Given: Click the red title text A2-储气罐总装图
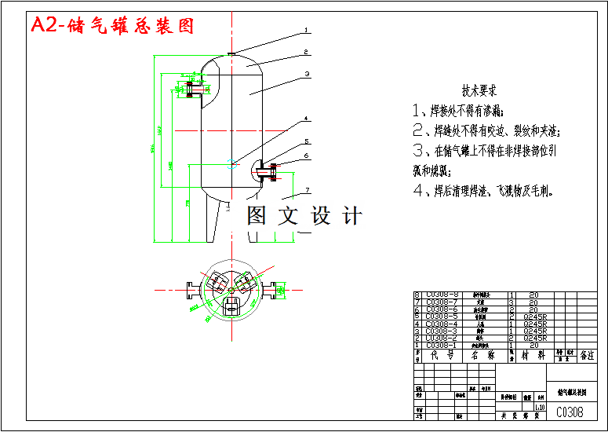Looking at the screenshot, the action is (x=112, y=26).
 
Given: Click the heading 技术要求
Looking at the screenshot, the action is (x=479, y=90).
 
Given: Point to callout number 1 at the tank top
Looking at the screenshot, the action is (x=307, y=32).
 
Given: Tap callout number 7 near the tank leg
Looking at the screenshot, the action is (x=308, y=190).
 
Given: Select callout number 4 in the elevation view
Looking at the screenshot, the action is (x=307, y=120).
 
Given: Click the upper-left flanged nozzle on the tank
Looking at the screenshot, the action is (x=191, y=88).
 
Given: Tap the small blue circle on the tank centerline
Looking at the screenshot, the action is (x=231, y=163).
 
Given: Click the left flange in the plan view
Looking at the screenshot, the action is (x=191, y=289).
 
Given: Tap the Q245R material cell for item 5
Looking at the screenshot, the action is (x=534, y=317).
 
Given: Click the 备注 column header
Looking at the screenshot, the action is (x=587, y=355).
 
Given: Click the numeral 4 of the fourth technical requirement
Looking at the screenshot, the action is (x=418, y=190).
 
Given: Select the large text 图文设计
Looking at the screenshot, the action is (x=304, y=215).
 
